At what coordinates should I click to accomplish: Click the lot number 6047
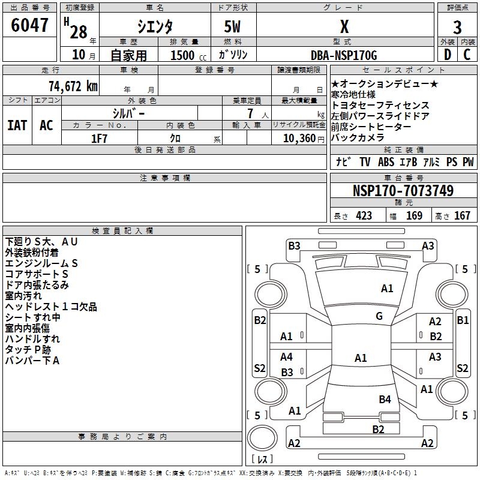point(30,26)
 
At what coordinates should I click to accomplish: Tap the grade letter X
point(344,27)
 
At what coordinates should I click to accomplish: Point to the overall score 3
point(457,28)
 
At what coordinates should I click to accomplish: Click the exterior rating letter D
point(447,55)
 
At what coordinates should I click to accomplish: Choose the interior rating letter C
point(467,55)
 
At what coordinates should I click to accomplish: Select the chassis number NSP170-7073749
point(403,191)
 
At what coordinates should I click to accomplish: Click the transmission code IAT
point(17,125)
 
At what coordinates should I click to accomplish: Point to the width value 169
point(414,216)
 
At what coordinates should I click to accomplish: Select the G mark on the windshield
point(379,316)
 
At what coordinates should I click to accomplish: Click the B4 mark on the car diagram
point(385,399)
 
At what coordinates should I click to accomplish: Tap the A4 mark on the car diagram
point(287,357)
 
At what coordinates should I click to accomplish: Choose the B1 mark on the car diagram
point(463,320)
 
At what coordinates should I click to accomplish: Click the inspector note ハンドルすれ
point(32,339)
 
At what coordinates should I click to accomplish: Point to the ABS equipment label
point(386,162)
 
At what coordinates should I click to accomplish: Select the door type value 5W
point(233,27)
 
